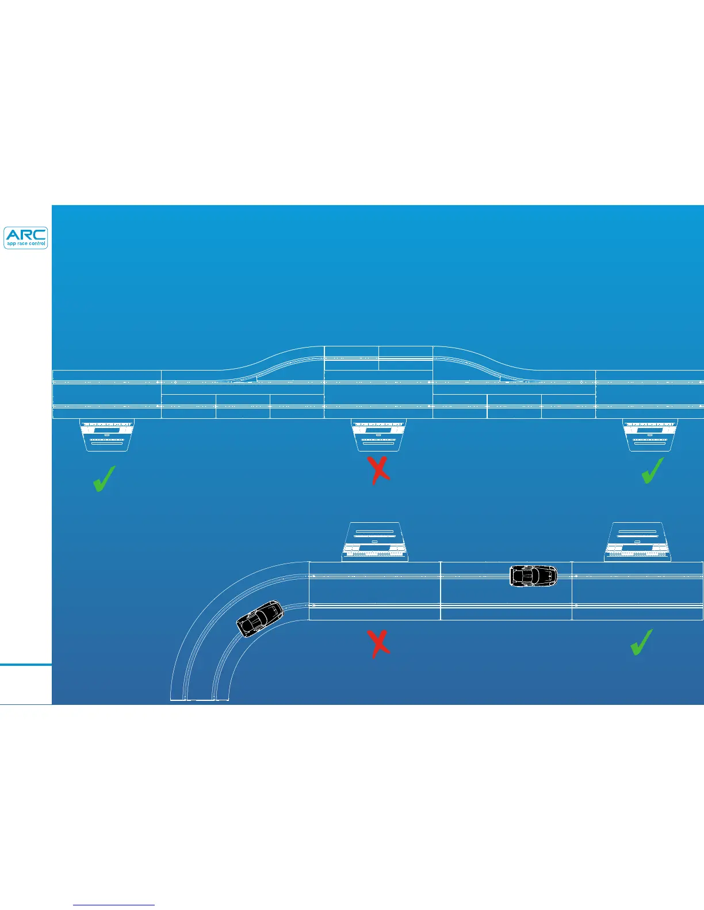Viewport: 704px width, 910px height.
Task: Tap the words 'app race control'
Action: [x=26, y=244]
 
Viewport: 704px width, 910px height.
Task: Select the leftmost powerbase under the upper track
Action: [x=106, y=434]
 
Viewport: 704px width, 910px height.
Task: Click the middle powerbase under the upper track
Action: [x=378, y=434]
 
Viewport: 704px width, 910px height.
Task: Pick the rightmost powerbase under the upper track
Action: [x=650, y=434]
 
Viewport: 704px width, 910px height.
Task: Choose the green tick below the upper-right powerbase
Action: [x=652, y=471]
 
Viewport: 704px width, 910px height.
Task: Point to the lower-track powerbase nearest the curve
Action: [x=374, y=542]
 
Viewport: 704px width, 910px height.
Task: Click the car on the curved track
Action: [x=261, y=619]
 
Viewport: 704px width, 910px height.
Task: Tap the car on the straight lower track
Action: [x=534, y=576]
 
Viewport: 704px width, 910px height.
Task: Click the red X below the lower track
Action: [x=378, y=643]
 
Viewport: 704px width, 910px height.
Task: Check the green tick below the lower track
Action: [x=641, y=642]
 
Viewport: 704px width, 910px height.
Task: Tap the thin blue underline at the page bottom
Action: [x=114, y=905]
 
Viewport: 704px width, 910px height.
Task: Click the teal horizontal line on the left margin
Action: [x=26, y=665]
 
